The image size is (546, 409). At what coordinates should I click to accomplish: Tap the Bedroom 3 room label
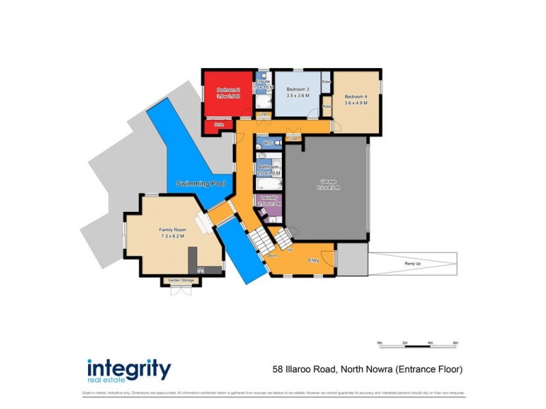[298, 90]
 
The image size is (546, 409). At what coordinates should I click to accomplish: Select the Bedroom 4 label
[356, 97]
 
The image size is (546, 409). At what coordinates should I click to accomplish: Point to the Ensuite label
[263, 82]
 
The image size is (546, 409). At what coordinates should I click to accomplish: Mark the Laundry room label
[267, 198]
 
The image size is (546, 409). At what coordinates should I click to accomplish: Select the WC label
[268, 143]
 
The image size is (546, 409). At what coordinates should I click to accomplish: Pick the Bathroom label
[268, 167]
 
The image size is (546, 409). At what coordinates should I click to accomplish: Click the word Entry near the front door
[313, 260]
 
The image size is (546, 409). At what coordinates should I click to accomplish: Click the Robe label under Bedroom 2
[219, 125]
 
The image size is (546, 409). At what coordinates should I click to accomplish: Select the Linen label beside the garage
[293, 139]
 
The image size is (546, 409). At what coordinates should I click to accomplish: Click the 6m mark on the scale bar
[455, 344]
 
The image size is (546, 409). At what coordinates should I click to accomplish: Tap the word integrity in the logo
[128, 369]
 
